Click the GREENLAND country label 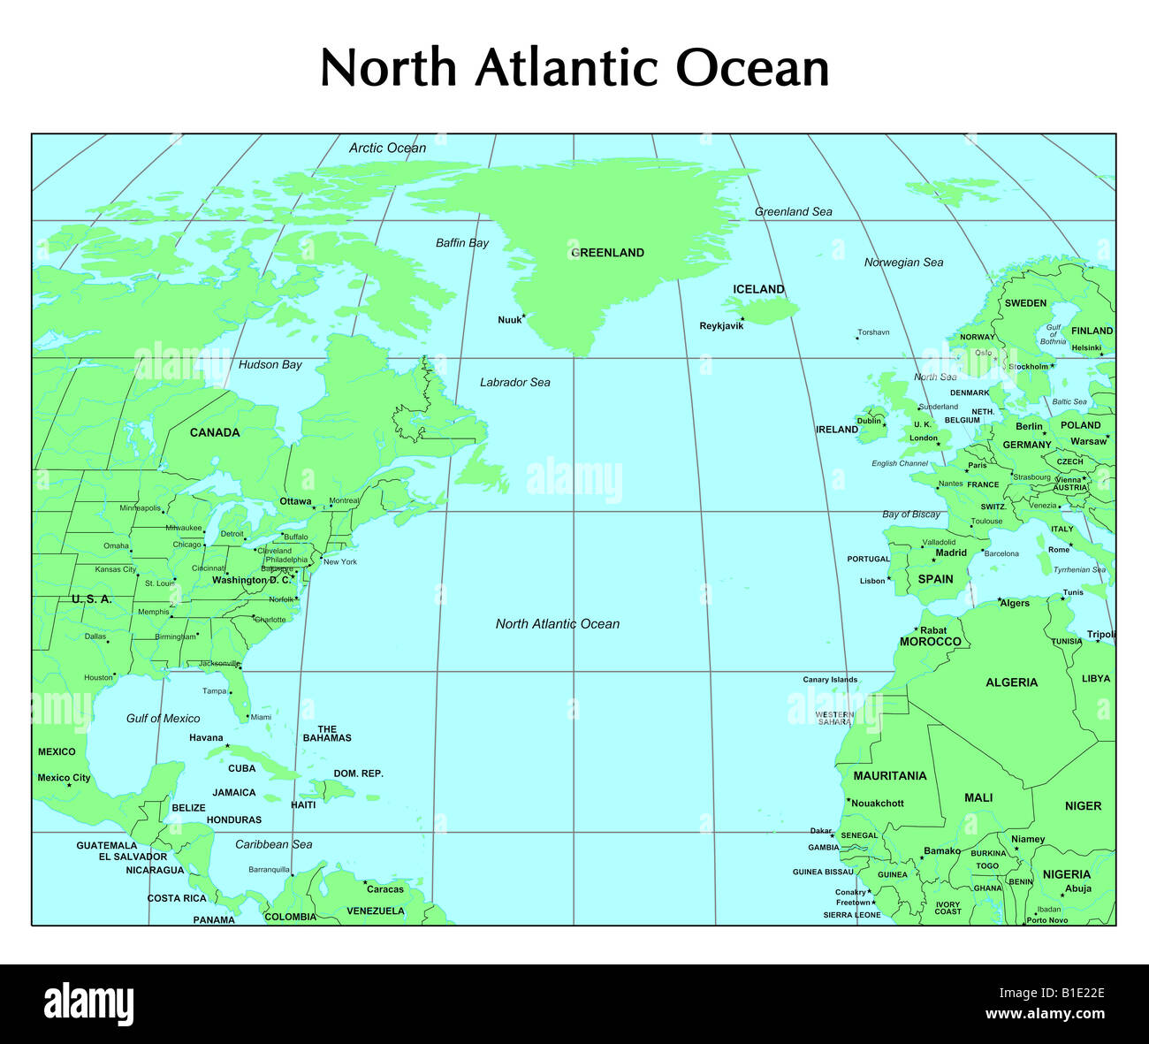607,253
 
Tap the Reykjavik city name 721,326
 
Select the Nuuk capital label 509,320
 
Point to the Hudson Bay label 270,364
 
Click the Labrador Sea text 514,383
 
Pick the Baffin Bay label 461,243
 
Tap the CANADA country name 215,432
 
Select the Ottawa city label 295,501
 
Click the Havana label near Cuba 206,738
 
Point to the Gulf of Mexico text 163,719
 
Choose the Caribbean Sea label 273,844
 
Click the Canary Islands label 830,680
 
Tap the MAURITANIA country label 889,776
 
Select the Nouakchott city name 877,804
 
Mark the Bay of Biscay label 911,514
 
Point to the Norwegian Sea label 903,263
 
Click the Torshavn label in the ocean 873,332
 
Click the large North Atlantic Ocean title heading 574,68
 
